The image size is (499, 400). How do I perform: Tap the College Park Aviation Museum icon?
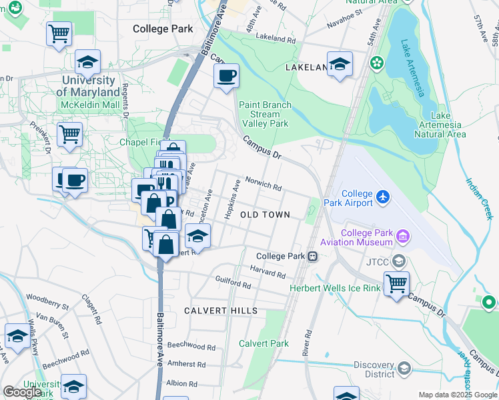402,236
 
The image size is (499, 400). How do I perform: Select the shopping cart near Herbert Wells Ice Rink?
397,283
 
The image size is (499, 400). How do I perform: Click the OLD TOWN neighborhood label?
265,215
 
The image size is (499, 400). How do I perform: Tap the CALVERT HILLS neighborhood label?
211,311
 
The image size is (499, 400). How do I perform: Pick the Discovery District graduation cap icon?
404,368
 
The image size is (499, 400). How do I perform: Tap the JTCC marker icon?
400,261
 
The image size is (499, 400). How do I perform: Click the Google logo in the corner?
22,392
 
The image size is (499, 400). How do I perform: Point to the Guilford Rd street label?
233,282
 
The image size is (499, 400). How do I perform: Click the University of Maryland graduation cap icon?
87,62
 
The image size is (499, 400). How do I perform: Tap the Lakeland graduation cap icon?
340,64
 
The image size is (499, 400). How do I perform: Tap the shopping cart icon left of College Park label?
59,33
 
